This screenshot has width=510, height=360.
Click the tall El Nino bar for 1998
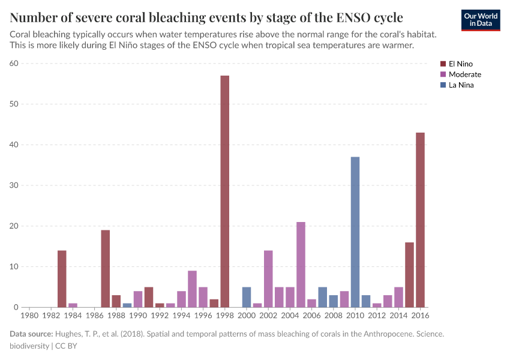coord(224,192)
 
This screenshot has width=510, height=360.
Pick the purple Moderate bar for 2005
coord(301,265)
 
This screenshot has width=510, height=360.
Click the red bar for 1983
coord(62,279)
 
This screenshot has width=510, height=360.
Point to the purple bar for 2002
coord(268,279)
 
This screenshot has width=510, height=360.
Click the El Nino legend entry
coord(460,64)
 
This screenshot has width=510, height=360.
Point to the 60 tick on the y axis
coord(14,63)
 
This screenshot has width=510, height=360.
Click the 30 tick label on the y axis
coord(14,185)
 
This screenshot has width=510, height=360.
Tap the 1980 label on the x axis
coord(29,314)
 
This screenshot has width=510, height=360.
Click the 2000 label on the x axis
coord(247,314)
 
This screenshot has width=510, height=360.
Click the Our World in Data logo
coord(481,19)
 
